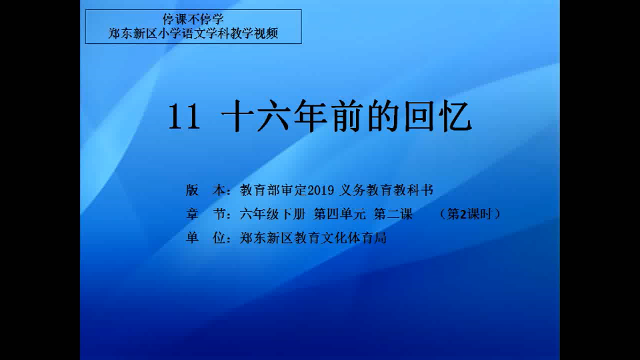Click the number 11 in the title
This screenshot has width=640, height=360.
pyautogui.click(x=184, y=117)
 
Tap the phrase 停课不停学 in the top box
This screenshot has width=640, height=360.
pyautogui.click(x=193, y=19)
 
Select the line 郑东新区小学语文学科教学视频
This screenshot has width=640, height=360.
pyautogui.click(x=193, y=33)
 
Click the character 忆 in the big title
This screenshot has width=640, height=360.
pyautogui.click(x=458, y=117)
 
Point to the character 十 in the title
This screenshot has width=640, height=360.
pyautogui.click(x=237, y=117)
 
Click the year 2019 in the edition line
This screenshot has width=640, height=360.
pyautogui.click(x=321, y=190)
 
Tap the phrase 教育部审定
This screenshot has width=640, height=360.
pyautogui.click(x=273, y=190)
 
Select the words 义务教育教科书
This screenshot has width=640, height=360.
pyautogui.click(x=387, y=190)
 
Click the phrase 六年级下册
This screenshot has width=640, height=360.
pyautogui.click(x=273, y=214)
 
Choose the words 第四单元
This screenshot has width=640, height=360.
pyautogui.click(x=339, y=214)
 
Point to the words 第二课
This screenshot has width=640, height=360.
pyautogui.click(x=393, y=214)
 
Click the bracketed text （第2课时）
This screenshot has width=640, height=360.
pyautogui.click(x=470, y=214)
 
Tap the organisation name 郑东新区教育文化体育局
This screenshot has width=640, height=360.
pyautogui.click(x=313, y=238)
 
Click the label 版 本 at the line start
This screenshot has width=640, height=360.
pyautogui.click(x=206, y=190)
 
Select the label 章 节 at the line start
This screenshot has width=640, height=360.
pyautogui.click(x=206, y=214)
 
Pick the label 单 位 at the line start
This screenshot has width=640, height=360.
pyautogui.click(x=206, y=238)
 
